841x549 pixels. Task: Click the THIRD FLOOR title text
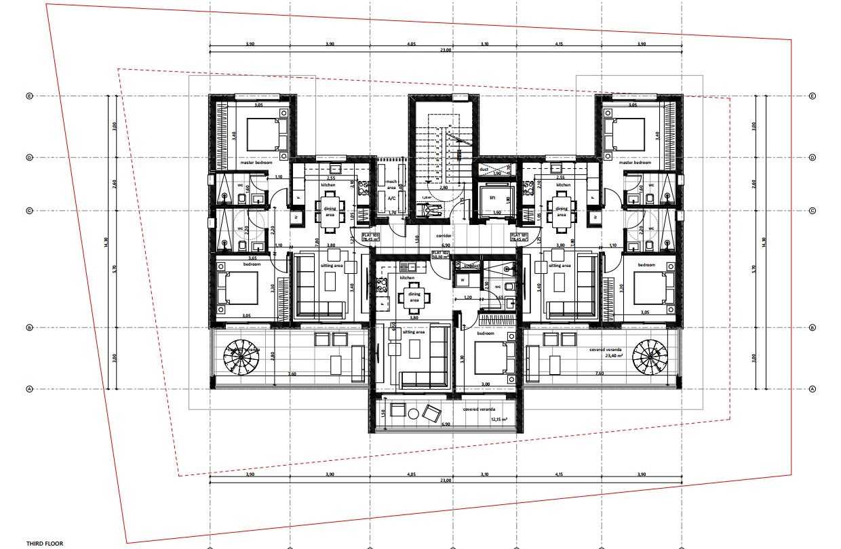pos(44,544)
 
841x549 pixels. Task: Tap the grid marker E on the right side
pos(813,96)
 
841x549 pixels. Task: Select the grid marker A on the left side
pos(29,389)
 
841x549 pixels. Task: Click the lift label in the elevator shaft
pos(492,197)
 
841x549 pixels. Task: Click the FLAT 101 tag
pos(519,237)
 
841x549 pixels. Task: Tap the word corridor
pos(444,235)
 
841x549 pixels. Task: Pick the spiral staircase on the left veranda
pos(242,357)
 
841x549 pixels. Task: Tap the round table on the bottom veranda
pos(399,410)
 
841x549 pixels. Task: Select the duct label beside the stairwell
pos(483,169)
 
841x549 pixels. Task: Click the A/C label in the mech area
pos(391,199)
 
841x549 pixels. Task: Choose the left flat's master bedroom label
pos(256,163)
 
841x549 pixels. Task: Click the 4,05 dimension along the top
pos(411,43)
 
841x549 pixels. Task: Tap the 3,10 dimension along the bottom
pos(484,474)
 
